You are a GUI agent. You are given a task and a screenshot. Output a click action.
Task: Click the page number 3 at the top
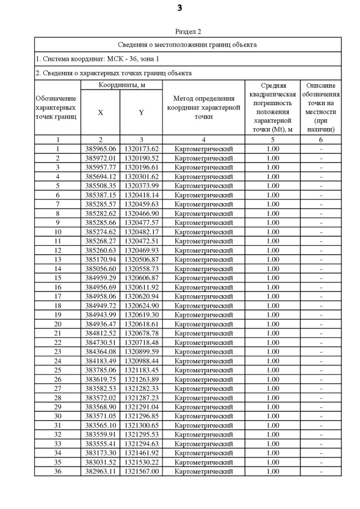pos(179,8)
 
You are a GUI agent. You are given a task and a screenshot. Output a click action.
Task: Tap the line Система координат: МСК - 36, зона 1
pos(97,58)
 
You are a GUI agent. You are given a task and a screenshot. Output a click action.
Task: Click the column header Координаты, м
pos(121,85)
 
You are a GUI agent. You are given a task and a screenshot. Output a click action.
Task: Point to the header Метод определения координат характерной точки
pos(203,107)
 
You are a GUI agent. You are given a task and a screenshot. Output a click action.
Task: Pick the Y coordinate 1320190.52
pos(141,158)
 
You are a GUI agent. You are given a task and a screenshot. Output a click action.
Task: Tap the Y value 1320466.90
pos(141,214)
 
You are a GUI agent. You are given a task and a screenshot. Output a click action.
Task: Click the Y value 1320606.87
pos(141,278)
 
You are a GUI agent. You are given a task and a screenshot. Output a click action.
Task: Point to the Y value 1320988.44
pos(141,361)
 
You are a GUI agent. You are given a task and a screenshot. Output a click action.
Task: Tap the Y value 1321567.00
pos(141,471)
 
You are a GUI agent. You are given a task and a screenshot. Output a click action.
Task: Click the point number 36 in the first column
pos(57,471)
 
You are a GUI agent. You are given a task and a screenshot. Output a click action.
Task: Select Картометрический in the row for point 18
pos(203,305)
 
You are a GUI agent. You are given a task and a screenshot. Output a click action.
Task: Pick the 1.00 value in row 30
pos(272,416)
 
